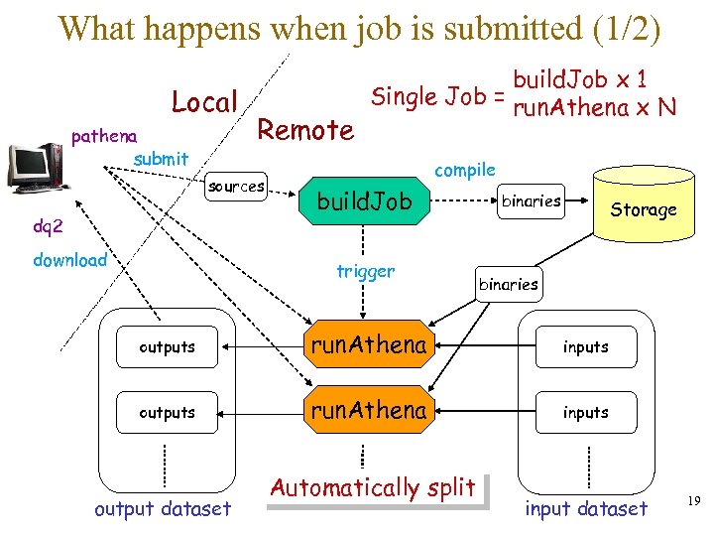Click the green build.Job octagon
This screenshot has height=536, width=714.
364,203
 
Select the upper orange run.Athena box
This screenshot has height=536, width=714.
369,346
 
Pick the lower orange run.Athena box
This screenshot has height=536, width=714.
369,411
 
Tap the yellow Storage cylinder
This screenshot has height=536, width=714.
643,209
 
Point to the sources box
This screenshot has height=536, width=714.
236,187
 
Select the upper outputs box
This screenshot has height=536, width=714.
167,347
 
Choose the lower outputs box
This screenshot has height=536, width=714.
167,412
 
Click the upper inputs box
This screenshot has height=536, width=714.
585,347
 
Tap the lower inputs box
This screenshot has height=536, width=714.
585,412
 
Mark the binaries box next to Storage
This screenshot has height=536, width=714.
532,201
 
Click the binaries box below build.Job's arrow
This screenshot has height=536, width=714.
509,284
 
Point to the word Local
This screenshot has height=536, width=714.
204,102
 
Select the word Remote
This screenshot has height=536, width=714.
305,130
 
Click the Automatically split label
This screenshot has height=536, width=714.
373,488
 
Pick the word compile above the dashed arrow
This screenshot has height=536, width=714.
465,170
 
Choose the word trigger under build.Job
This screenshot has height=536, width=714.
366,271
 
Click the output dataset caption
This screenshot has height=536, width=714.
162,509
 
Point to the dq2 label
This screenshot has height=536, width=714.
48,226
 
